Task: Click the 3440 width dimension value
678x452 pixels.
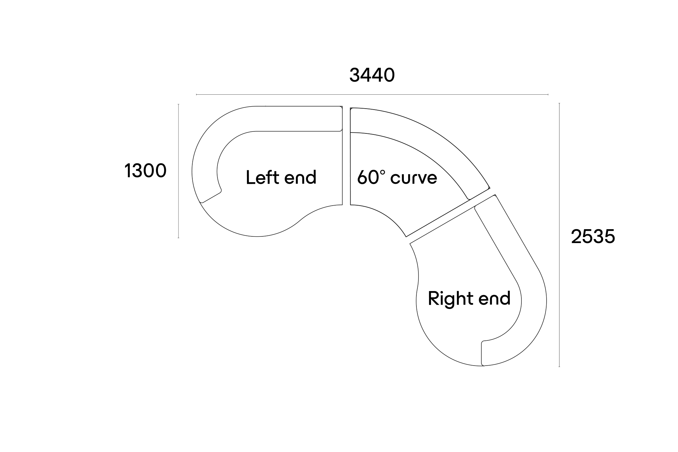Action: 372,75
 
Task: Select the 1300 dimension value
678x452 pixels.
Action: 145,171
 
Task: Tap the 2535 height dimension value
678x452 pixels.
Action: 593,237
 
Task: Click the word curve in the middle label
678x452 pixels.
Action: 414,178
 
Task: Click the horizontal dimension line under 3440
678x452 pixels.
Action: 372,95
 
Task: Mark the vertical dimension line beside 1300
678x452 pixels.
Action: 178,171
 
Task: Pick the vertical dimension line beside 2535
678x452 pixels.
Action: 559,235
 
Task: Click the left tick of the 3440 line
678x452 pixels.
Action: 196,95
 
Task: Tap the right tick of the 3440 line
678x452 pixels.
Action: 548,95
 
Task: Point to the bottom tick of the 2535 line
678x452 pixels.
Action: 559,367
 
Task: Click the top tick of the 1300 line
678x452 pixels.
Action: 178,104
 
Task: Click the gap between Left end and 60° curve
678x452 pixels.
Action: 346,156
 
